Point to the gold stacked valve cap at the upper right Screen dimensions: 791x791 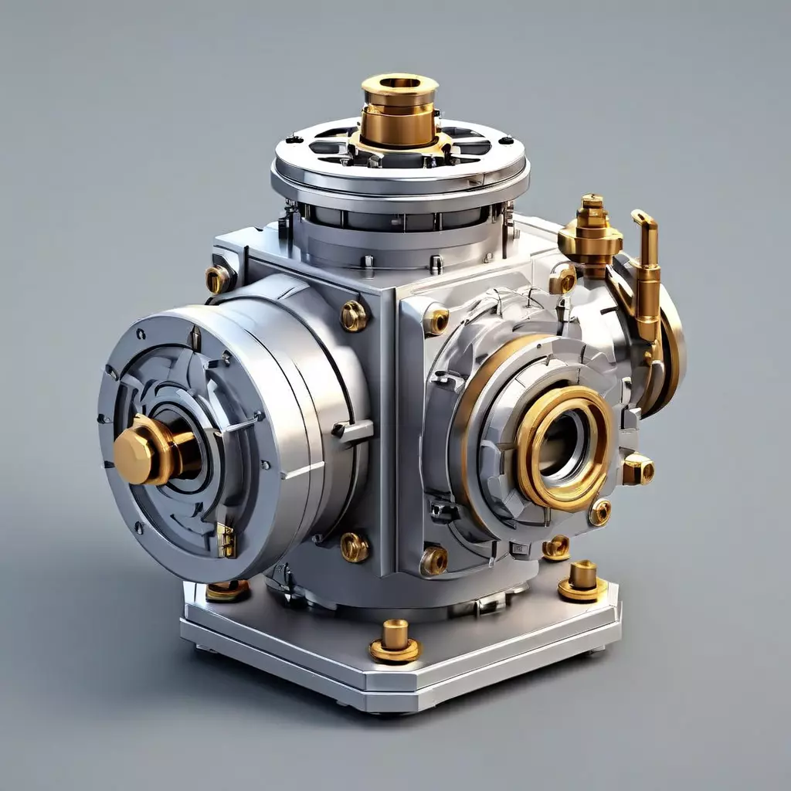[x=591, y=232]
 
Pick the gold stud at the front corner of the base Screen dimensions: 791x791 [x=395, y=641]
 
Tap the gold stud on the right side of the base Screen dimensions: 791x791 [x=583, y=581]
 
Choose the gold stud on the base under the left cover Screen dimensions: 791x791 [x=228, y=590]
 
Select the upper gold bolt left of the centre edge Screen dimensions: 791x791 [x=354, y=315]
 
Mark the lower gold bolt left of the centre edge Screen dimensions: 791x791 [x=355, y=546]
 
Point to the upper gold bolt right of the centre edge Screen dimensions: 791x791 [x=436, y=320]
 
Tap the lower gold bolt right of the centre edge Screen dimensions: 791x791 [x=434, y=560]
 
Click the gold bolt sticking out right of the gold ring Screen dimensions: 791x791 [x=639, y=469]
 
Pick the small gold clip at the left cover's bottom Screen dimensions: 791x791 [x=226, y=540]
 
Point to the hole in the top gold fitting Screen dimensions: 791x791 [x=400, y=83]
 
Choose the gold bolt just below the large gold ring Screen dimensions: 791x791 [x=600, y=511]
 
